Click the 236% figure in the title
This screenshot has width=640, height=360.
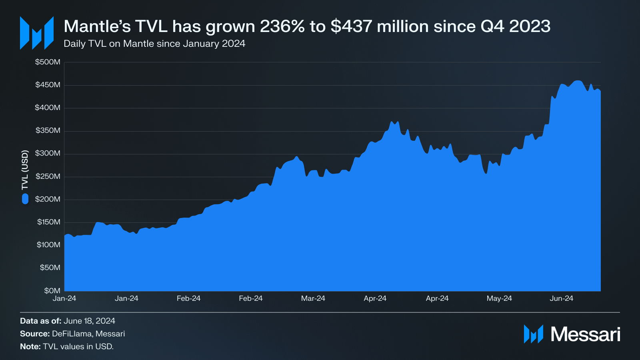[282, 26]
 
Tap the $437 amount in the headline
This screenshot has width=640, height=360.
[352, 26]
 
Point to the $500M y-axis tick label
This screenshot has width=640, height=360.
[48, 62]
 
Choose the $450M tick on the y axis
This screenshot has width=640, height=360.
[48, 85]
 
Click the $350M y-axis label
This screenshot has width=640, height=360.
[48, 130]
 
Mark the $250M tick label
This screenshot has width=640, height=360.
[48, 176]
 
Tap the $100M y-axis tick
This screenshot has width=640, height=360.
[48, 245]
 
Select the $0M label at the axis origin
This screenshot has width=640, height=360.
[52, 291]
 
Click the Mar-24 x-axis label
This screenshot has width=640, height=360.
[313, 298]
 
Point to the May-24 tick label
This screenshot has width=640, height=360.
[499, 298]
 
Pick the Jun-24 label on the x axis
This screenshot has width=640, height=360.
[562, 298]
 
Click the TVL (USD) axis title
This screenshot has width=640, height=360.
[25, 170]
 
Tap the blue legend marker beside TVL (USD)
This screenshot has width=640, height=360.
[25, 199]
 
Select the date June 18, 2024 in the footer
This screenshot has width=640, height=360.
[90, 321]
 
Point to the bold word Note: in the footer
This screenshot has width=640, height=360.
[30, 346]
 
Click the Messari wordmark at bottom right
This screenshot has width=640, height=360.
[586, 334]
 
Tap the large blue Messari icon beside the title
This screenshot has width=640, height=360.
[36, 33]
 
